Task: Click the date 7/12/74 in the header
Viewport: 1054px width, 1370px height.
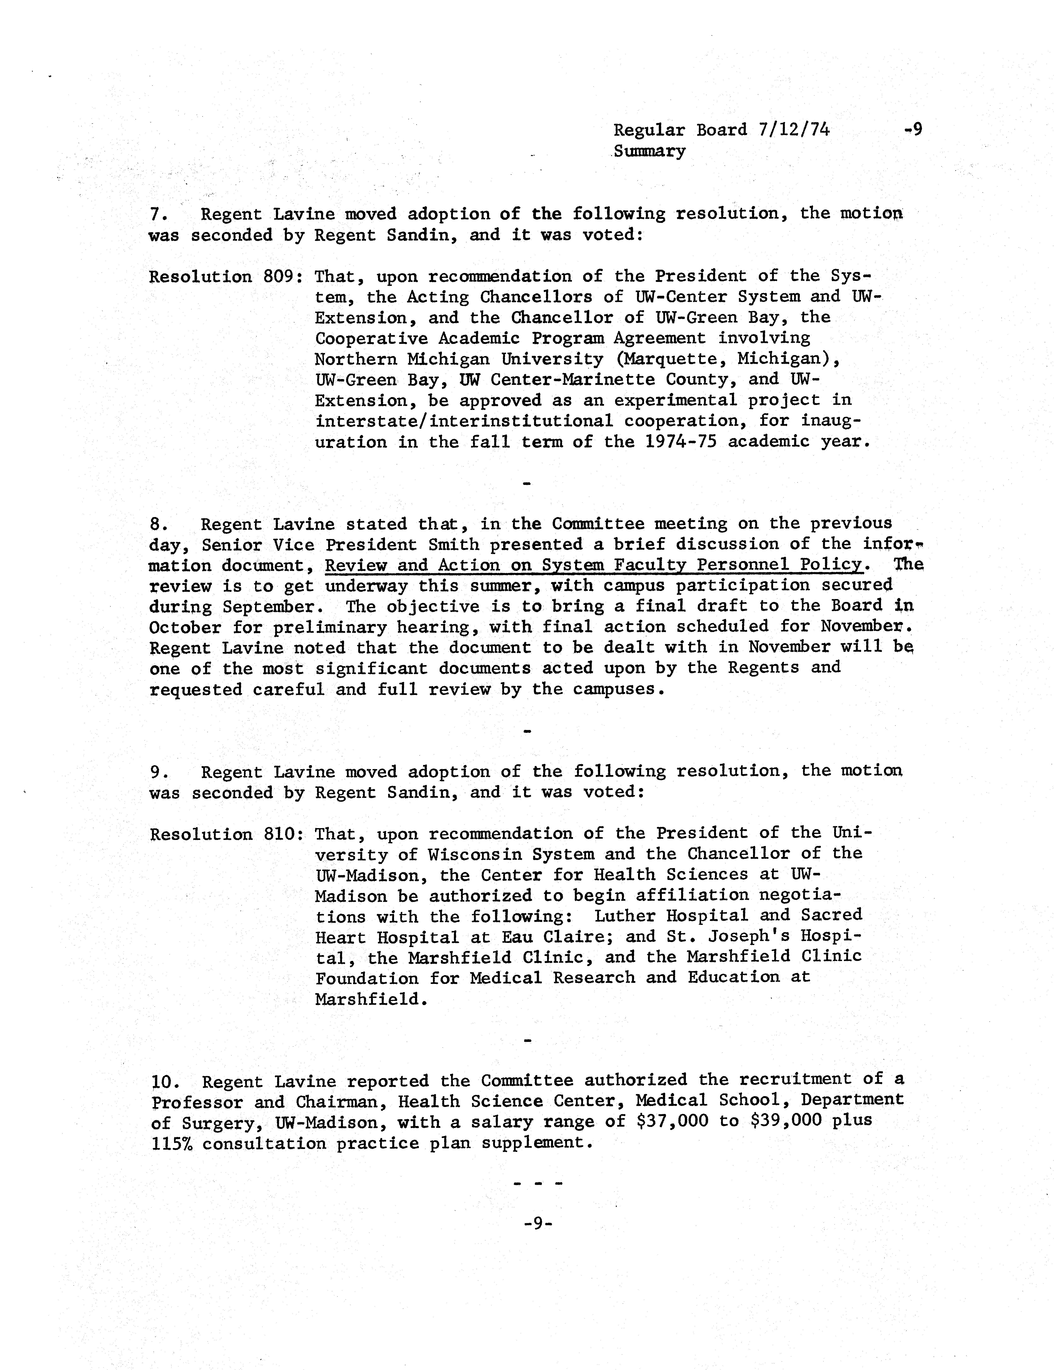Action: (794, 130)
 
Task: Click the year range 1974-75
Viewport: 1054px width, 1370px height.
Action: (681, 442)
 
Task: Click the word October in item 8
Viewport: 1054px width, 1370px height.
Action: (185, 628)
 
